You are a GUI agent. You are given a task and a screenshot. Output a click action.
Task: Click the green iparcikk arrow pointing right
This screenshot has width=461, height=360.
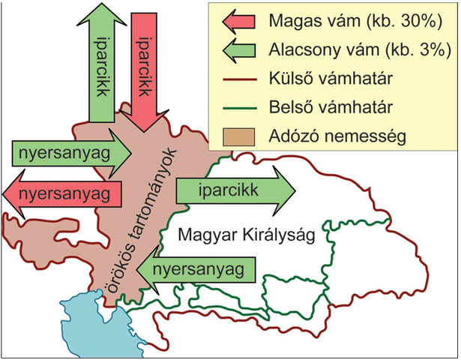[229, 190]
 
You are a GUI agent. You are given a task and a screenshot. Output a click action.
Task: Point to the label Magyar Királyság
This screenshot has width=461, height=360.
[246, 235]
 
